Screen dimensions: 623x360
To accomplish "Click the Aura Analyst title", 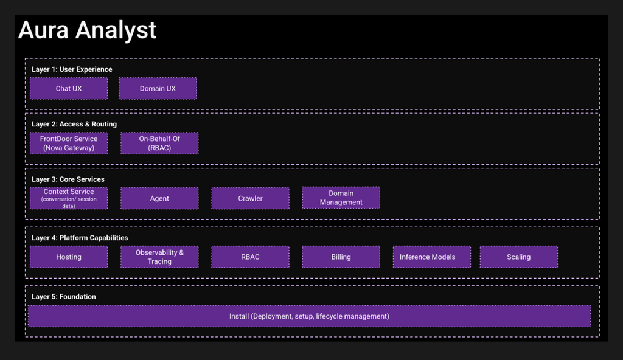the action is pyautogui.click(x=88, y=30).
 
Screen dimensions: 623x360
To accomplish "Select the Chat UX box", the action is pyautogui.click(x=69, y=88).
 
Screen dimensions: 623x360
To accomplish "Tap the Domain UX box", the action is pyautogui.click(x=158, y=88).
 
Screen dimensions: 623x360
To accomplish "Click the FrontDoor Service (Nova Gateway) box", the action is pyautogui.click(x=69, y=143).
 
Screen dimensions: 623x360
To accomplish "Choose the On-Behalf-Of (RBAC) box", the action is pyautogui.click(x=159, y=143).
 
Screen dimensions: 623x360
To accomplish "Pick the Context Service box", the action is pyautogui.click(x=69, y=198).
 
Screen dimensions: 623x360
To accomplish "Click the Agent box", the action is pyautogui.click(x=159, y=198).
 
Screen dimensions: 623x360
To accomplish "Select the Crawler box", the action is pyautogui.click(x=250, y=198).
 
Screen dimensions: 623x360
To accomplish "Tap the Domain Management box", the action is pyautogui.click(x=341, y=198).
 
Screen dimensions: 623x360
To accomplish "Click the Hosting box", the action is pyautogui.click(x=69, y=257).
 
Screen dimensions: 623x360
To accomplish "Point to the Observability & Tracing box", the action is pyautogui.click(x=159, y=257).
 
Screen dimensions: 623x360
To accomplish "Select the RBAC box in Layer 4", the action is pyautogui.click(x=250, y=257).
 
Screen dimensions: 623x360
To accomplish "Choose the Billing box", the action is pyautogui.click(x=341, y=257).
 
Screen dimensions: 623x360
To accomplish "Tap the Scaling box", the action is pyautogui.click(x=518, y=257).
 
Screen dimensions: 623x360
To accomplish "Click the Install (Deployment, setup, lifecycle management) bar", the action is pyautogui.click(x=309, y=316).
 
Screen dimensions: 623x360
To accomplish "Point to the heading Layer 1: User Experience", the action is pyautogui.click(x=72, y=69).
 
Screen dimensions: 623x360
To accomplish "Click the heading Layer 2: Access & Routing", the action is pyautogui.click(x=74, y=124).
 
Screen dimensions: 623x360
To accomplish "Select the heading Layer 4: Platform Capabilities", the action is pyautogui.click(x=80, y=238).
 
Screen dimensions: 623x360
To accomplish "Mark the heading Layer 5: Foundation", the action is pyautogui.click(x=63, y=296).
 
